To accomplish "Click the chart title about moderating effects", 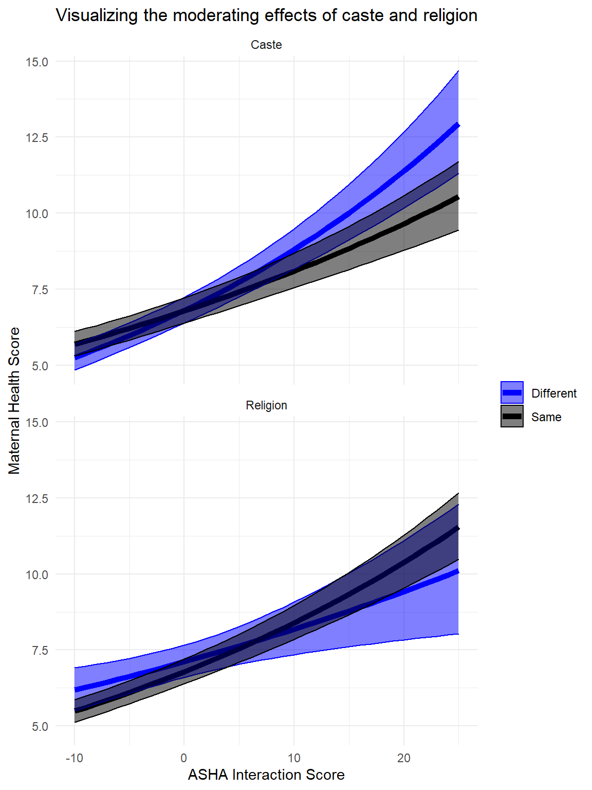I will pos(266,15).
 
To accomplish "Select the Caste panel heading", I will pos(266,45).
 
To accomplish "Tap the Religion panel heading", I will pos(266,405).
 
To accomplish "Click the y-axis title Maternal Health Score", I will pos(14,400).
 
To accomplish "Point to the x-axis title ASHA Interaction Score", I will pos(266,775).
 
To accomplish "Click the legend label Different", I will pos(553,393).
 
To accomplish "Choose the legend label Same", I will pos(546,417).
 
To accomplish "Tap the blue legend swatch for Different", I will pos(512,393).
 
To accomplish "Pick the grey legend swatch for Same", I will pos(512,417).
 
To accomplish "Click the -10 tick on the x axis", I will pos(75,758).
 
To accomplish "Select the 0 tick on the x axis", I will pos(184,758).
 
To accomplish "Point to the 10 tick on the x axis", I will pos(294,758).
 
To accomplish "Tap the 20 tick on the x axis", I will pos(404,758).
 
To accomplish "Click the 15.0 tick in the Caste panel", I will pos(37,62).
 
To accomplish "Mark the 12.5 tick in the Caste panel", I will pos(37,137).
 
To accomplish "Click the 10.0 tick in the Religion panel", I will pos(37,574).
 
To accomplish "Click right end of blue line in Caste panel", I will pos(458,125).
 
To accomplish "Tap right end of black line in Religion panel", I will pos(458,528).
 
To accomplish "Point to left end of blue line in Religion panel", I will pos(75,690).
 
